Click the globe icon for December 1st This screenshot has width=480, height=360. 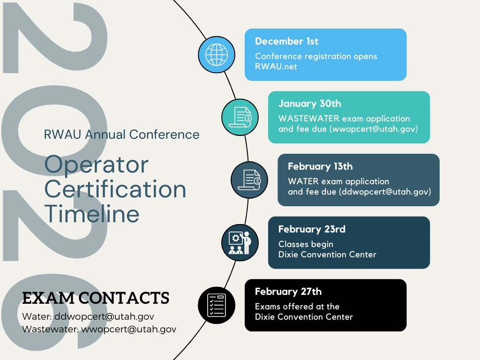pos(217,55)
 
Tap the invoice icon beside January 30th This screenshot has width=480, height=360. pos(240,117)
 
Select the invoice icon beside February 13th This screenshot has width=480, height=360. pos(249,180)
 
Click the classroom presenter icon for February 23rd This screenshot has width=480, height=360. pos(240,243)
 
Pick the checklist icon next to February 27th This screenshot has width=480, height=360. pos(217,305)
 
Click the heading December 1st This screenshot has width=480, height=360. pos(286,41)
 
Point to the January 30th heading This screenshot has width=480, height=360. pos(309,104)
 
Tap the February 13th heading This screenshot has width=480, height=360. pos(320,166)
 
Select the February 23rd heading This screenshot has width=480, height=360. pos(312,229)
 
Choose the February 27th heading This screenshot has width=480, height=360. pos(288,292)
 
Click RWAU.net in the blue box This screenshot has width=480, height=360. pos(276,67)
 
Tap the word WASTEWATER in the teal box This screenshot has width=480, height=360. pos(308,119)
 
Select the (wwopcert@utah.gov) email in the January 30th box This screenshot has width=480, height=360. pos(374,129)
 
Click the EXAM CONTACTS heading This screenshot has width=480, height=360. pos(96,298)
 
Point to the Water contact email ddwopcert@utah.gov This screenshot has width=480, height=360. pos(104,316)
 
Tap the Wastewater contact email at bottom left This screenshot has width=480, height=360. pos(128,329)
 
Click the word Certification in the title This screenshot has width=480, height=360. pos(115,189)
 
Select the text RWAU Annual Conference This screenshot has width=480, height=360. pos(121,135)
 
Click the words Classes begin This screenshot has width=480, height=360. pos(306,244)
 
